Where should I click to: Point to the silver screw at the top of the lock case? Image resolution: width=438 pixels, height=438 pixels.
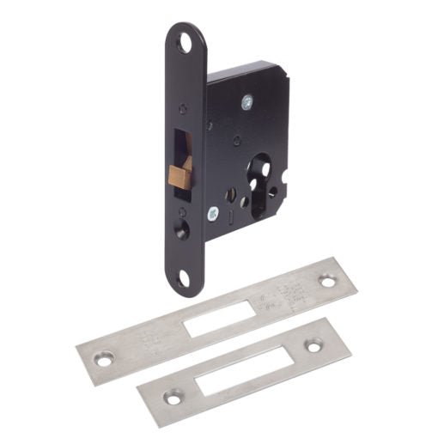point(246,102)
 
